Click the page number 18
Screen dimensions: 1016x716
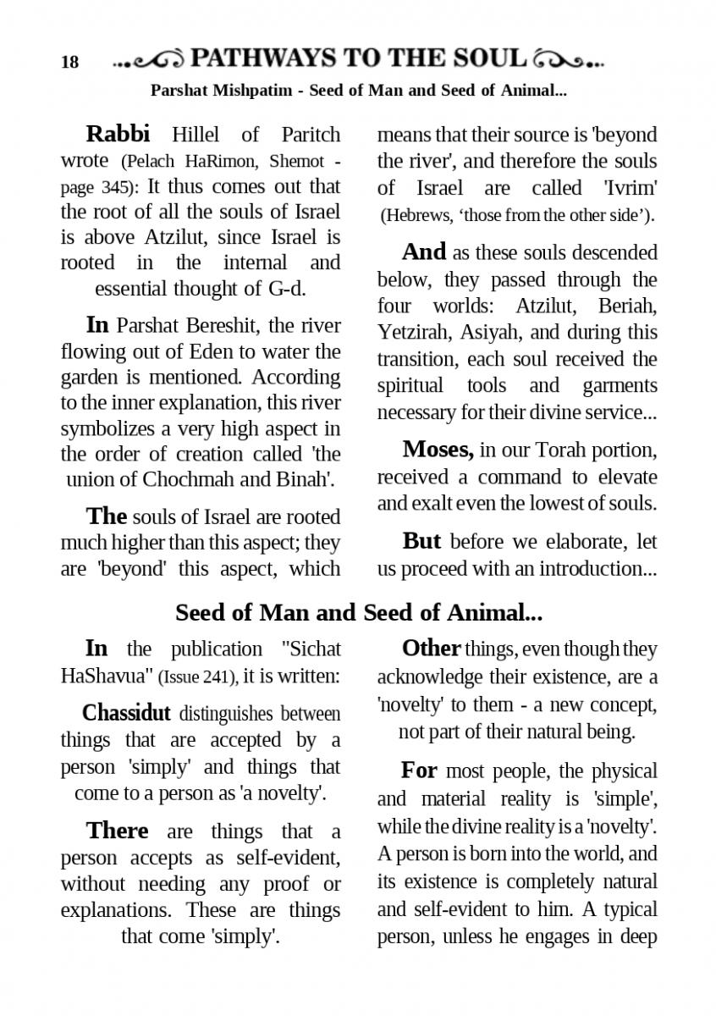tap(69, 62)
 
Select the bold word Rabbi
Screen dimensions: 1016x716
tap(118, 134)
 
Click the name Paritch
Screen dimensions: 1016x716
tap(309, 135)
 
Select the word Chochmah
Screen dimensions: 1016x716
tap(185, 479)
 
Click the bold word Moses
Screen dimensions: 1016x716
tap(438, 449)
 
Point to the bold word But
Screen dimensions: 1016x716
tap(422, 540)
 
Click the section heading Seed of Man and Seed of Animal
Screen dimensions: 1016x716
tap(358, 611)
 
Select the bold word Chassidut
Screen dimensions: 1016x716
tap(126, 713)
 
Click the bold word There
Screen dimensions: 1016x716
tap(117, 831)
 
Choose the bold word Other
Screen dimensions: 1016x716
tap(431, 649)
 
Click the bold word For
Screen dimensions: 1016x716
tap(419, 770)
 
